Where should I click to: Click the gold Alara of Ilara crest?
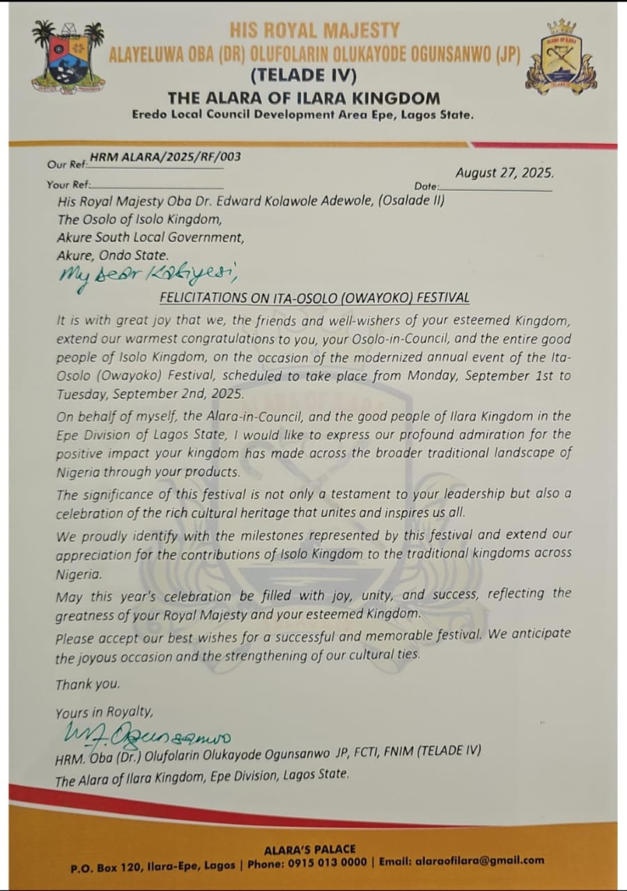tap(562, 58)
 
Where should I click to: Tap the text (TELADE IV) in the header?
tap(303, 75)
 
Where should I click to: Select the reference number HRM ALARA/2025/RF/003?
tap(165, 157)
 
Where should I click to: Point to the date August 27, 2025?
tap(504, 173)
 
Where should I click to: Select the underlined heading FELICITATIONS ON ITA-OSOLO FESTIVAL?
tap(314, 298)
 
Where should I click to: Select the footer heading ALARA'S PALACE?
tap(310, 849)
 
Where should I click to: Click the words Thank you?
tap(88, 684)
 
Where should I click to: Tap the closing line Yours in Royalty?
tap(104, 712)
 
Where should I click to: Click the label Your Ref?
tap(68, 184)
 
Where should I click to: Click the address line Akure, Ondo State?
tap(113, 255)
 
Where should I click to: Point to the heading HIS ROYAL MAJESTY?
tap(315, 31)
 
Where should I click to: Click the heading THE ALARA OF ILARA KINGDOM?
tap(304, 97)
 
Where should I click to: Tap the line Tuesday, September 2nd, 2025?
tap(150, 393)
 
